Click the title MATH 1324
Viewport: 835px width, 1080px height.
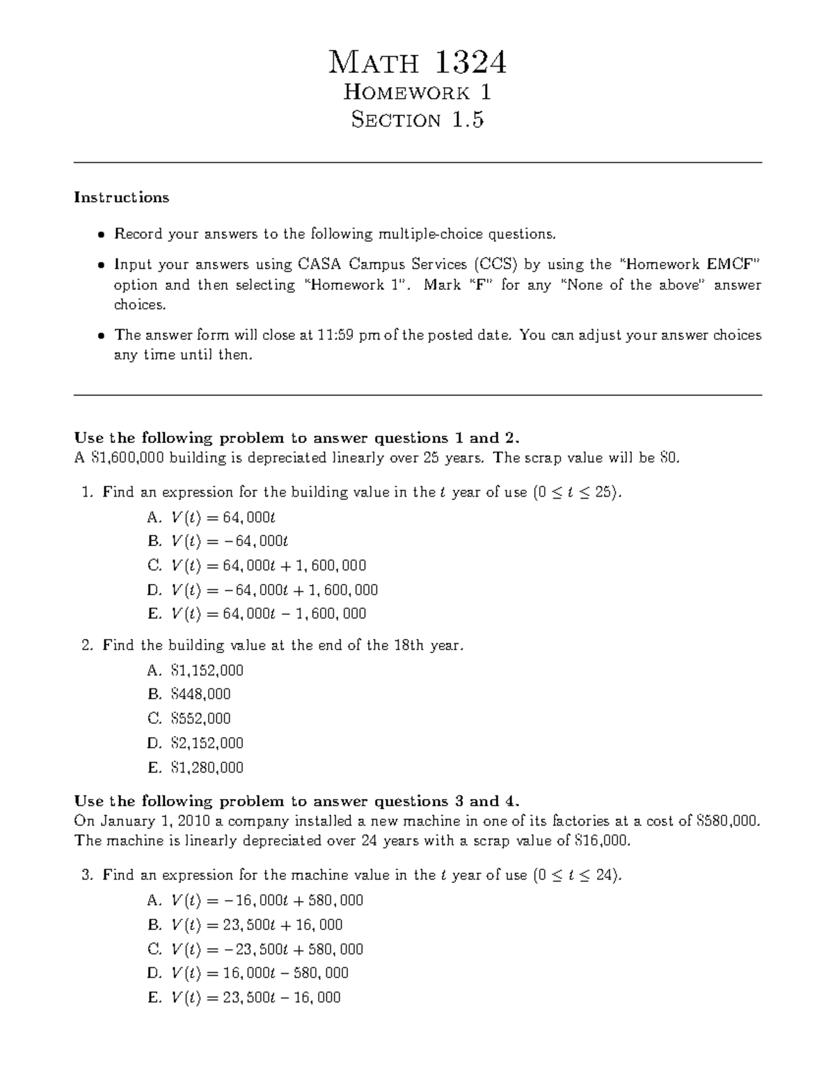coord(417,63)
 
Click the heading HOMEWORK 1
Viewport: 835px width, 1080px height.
coord(417,92)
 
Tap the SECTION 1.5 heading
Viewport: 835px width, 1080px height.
coord(417,120)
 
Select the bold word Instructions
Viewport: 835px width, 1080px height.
coord(122,198)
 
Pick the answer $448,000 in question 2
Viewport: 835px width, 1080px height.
coord(200,694)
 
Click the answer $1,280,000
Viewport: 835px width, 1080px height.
coord(207,767)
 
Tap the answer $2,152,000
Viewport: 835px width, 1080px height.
coord(207,743)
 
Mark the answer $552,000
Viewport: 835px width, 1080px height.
coord(200,718)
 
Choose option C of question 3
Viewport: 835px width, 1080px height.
coord(267,949)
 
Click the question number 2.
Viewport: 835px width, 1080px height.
coord(86,645)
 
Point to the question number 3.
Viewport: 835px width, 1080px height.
coord(86,875)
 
